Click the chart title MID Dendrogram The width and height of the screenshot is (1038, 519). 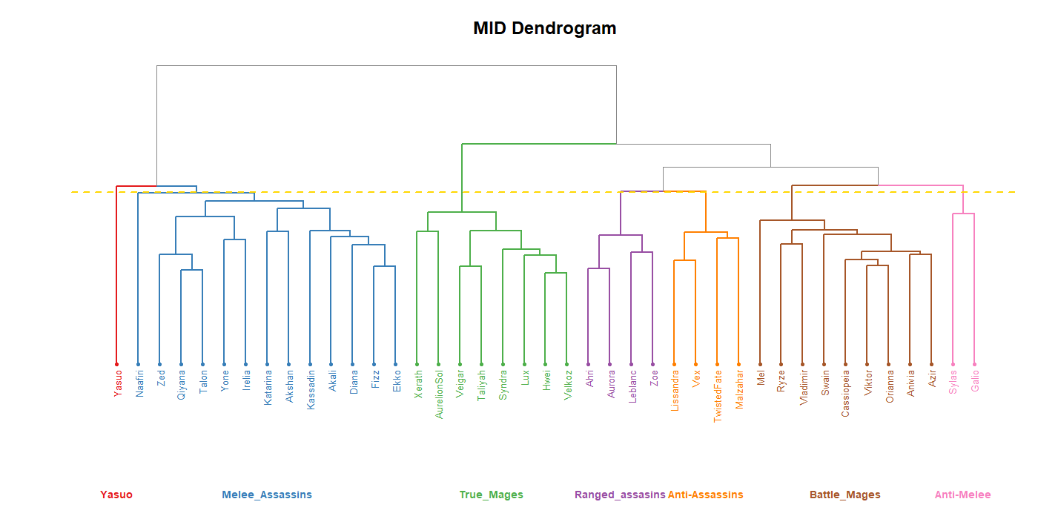pyautogui.click(x=544, y=29)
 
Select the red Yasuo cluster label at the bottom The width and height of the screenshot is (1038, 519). pyautogui.click(x=116, y=495)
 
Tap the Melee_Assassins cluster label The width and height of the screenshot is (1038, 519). pyautogui.click(x=267, y=495)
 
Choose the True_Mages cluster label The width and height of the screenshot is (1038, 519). pyautogui.click(x=491, y=495)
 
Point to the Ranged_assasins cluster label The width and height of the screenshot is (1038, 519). pyautogui.click(x=620, y=495)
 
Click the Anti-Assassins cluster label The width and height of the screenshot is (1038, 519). pyautogui.click(x=705, y=495)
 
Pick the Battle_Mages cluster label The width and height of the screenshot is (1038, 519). pyautogui.click(x=844, y=495)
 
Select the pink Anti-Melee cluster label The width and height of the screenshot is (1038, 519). pyautogui.click(x=962, y=495)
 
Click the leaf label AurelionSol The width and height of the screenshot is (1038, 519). pyautogui.click(x=439, y=394)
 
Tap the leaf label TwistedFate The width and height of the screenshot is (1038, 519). pyautogui.click(x=718, y=397)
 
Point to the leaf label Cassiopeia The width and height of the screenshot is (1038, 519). pyautogui.click(x=845, y=394)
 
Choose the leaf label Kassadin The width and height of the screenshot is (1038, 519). pyautogui.click(x=311, y=390)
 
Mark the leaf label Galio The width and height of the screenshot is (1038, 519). pyautogui.click(x=975, y=381)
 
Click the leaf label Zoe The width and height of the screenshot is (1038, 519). pyautogui.click(x=653, y=378)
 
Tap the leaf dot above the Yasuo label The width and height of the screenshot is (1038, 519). pyautogui.click(x=116, y=364)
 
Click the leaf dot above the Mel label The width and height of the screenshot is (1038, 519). pyautogui.click(x=760, y=364)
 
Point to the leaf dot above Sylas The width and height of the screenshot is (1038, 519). pyautogui.click(x=953, y=364)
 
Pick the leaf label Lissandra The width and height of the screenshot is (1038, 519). pyautogui.click(x=675, y=391)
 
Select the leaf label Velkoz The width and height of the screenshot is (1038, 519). pyautogui.click(x=567, y=386)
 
